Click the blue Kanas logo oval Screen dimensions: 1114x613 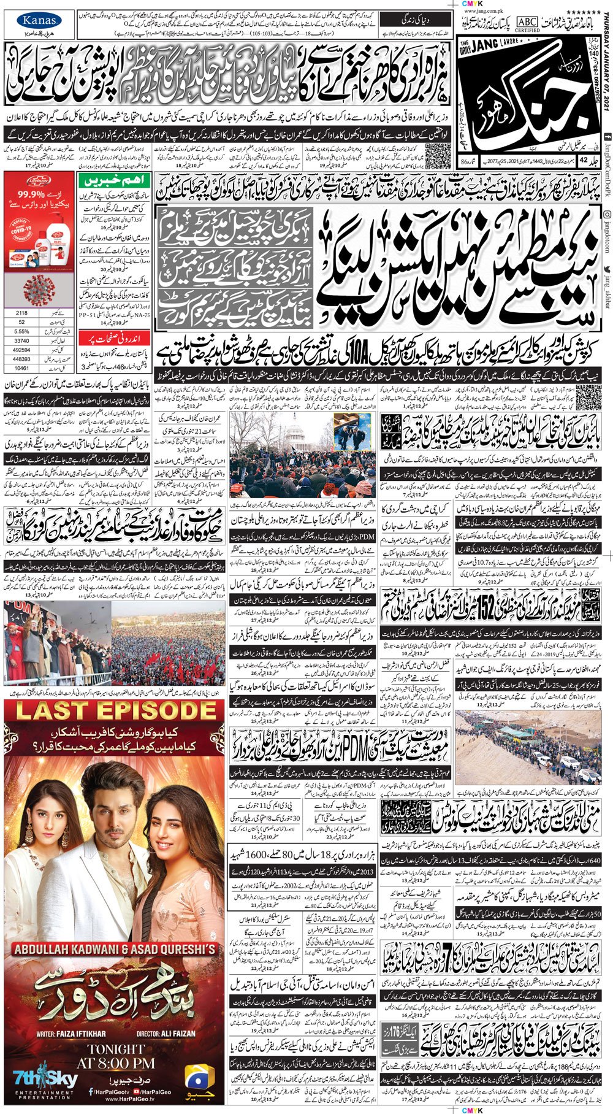click(39, 21)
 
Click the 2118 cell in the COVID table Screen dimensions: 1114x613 click(21, 313)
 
